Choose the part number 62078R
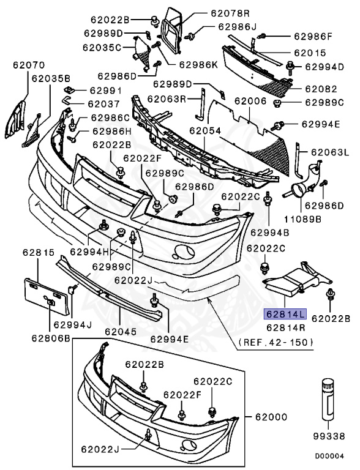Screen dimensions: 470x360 [x=213, y=12]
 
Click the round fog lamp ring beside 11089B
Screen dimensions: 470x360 [x=300, y=190]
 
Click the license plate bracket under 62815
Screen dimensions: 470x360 [x=42, y=292]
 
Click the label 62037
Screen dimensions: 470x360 [x=103, y=104]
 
